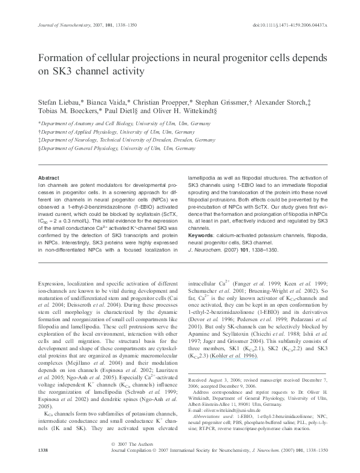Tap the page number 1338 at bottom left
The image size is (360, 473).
coord(43,468)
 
